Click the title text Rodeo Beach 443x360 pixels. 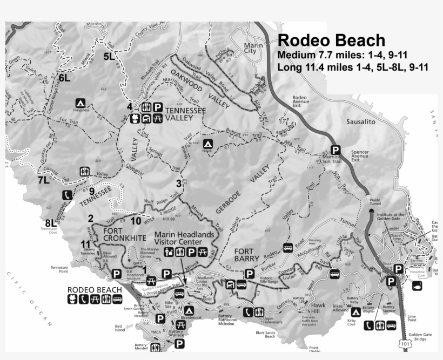331,41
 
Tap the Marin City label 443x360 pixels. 252,49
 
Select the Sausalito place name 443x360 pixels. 360,123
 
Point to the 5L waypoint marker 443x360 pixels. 109,56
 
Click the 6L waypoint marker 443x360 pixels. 65,78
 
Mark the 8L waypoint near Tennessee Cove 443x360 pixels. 51,222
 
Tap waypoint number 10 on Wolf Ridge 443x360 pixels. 136,220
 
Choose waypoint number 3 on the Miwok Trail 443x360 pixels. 178,183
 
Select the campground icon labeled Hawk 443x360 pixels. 207,144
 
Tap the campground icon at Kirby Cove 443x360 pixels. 355,312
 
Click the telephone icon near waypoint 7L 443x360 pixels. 66,195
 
